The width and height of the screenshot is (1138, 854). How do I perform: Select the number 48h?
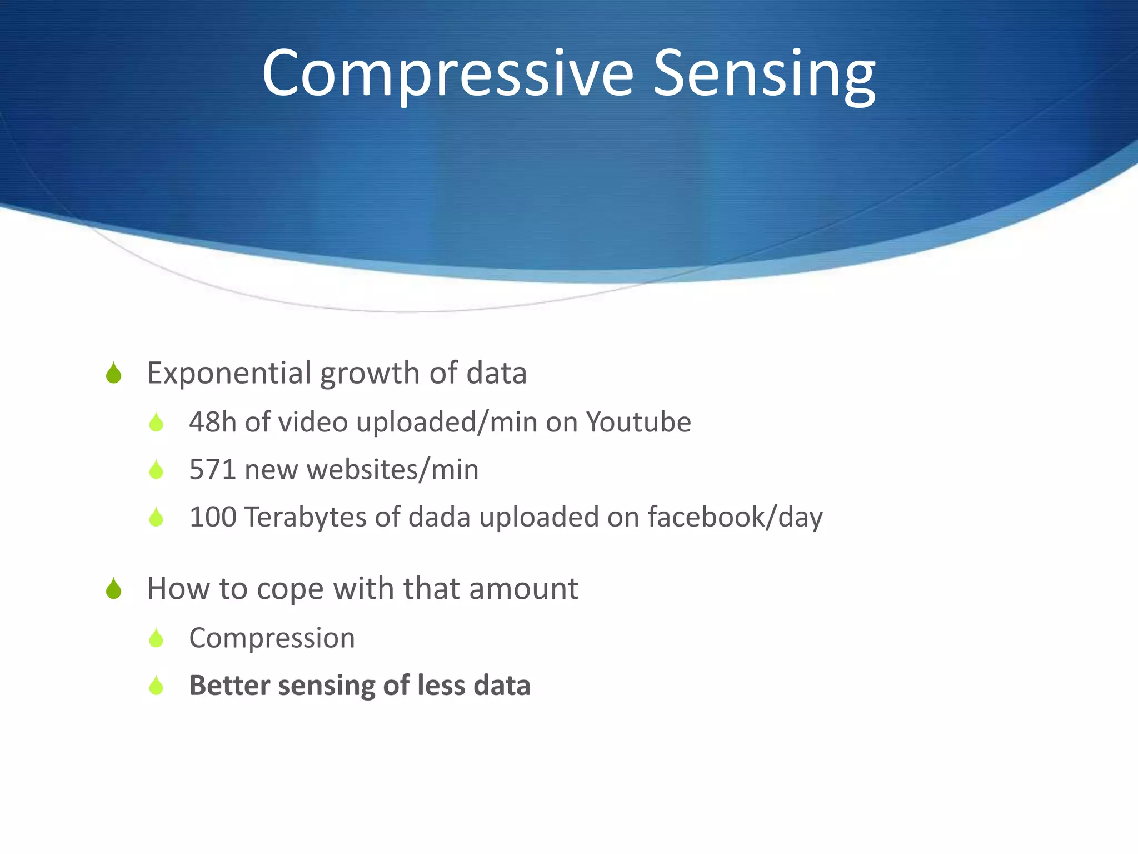click(212, 422)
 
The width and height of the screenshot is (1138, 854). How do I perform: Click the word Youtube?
click(638, 422)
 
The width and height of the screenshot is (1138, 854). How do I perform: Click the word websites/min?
click(392, 469)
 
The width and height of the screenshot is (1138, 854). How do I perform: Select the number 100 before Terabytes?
click(212, 517)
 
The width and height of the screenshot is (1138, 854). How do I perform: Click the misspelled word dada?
click(439, 517)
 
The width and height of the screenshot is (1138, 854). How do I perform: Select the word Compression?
click(272, 638)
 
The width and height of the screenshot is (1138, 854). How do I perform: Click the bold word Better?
click(229, 685)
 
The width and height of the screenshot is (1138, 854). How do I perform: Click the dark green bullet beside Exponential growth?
click(114, 373)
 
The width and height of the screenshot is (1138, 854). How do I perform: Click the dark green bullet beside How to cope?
click(114, 589)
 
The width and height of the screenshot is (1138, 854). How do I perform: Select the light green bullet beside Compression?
click(156, 638)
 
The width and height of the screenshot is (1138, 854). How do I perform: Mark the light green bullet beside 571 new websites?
click(156, 470)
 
